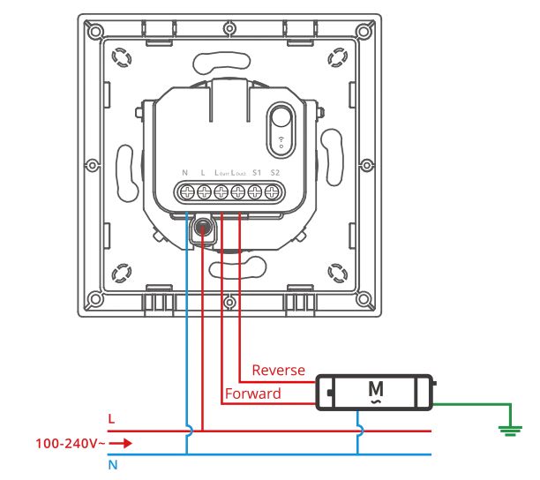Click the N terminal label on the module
click(x=184, y=172)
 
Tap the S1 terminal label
click(x=257, y=172)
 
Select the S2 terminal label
click(x=275, y=172)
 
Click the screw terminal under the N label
click(x=185, y=191)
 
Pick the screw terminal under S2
click(x=274, y=191)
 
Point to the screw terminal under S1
click(x=257, y=191)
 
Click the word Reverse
click(x=278, y=370)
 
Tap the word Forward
click(x=252, y=394)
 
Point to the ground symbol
click(x=507, y=430)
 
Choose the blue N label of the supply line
click(x=111, y=465)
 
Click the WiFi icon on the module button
click(x=281, y=141)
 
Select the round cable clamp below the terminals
click(x=203, y=229)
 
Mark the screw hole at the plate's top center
click(x=229, y=29)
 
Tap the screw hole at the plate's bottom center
click(x=229, y=302)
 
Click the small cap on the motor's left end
click(x=326, y=390)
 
